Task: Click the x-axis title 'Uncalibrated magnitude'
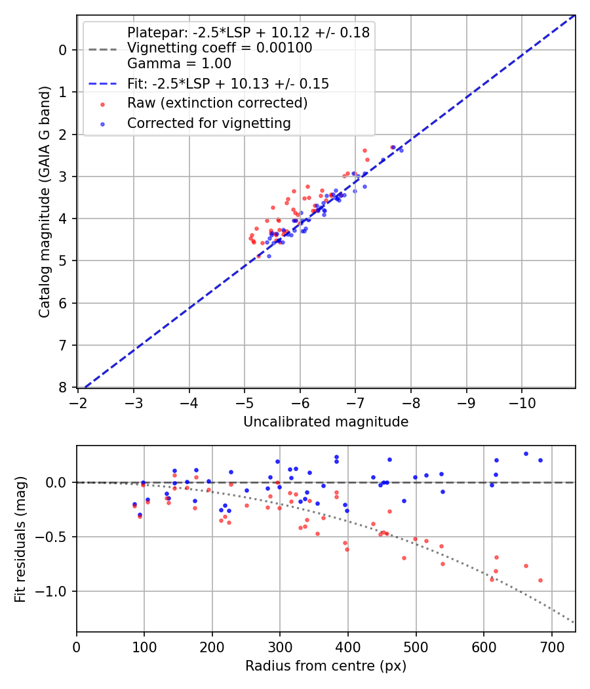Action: point(326,422)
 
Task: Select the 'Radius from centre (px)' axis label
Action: point(326,666)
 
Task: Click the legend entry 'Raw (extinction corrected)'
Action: point(217,103)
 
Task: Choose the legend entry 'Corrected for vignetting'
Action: point(208,123)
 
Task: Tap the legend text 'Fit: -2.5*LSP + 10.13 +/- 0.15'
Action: point(228,83)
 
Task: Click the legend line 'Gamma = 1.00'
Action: point(179,64)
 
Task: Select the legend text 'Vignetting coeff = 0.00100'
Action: point(220,48)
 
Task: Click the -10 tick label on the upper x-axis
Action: point(522,402)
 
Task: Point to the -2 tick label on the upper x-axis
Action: point(79,402)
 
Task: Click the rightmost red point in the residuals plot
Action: point(540,580)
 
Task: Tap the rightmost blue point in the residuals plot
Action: point(540,460)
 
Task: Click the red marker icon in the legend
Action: point(102,104)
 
